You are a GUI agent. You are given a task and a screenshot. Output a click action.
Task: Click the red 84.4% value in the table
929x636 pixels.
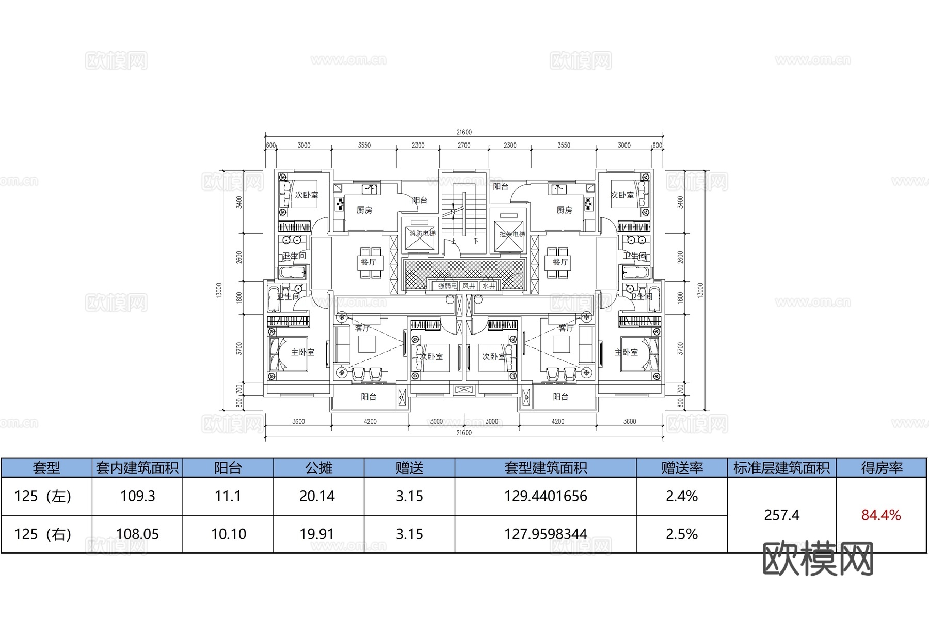click(x=881, y=515)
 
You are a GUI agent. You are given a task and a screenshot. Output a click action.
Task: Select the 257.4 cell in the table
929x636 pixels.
click(x=781, y=515)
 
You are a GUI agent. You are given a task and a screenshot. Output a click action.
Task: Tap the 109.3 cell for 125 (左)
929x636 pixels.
click(x=137, y=496)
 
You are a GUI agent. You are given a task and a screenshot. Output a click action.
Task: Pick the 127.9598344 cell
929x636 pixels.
click(x=546, y=534)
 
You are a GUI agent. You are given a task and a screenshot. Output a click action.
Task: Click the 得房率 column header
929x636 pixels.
click(x=882, y=468)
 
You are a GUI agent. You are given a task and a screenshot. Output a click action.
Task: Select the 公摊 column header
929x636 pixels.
click(x=318, y=468)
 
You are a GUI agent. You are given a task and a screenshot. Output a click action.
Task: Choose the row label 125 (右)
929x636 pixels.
click(x=43, y=534)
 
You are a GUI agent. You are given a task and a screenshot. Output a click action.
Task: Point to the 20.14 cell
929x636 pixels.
click(x=317, y=496)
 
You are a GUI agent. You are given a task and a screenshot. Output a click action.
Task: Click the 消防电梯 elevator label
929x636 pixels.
click(x=422, y=233)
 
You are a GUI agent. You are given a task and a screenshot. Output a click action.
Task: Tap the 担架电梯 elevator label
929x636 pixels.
click(x=512, y=234)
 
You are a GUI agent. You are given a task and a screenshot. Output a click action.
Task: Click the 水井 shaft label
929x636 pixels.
click(x=489, y=285)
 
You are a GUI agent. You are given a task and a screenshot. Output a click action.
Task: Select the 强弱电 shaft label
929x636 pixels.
click(x=447, y=285)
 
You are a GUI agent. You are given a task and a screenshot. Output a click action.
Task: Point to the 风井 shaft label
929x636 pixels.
click(x=469, y=285)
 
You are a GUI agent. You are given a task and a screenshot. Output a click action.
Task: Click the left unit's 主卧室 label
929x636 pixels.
click(x=302, y=352)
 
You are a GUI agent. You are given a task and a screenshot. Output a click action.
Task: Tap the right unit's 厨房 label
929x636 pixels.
click(x=564, y=210)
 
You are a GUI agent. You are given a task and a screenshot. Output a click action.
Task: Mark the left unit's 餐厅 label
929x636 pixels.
click(x=369, y=262)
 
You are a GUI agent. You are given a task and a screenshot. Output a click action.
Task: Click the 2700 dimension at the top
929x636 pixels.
click(x=464, y=146)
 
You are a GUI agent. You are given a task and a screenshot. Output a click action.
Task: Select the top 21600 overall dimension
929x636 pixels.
click(x=464, y=132)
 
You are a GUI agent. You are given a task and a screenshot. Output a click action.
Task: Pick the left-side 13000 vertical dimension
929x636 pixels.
click(x=219, y=290)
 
